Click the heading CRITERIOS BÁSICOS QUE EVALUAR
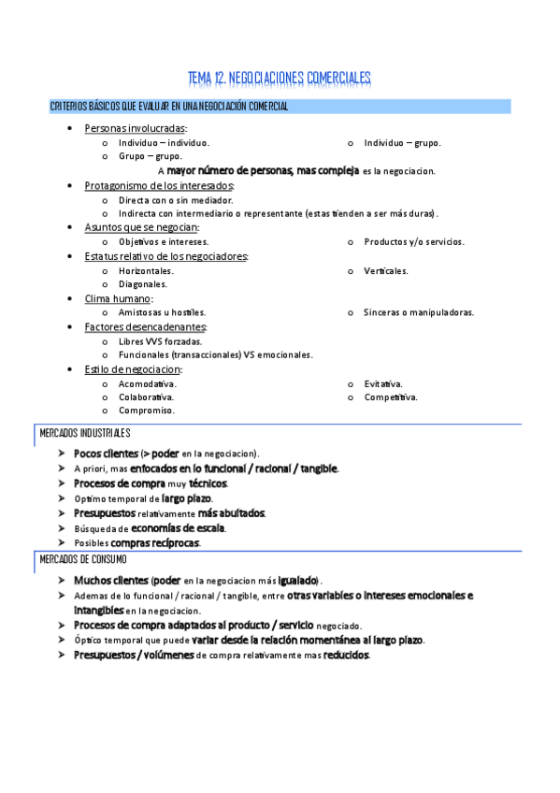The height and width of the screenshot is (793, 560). (168, 107)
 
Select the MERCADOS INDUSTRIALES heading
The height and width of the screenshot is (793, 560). (84, 434)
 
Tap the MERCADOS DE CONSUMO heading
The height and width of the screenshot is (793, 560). (83, 559)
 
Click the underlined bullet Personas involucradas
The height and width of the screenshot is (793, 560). (135, 128)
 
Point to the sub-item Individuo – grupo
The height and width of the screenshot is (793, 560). (402, 143)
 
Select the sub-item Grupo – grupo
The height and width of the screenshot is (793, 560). (150, 157)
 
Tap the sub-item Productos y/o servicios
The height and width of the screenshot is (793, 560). (413, 242)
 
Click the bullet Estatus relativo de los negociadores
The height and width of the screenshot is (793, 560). (165, 256)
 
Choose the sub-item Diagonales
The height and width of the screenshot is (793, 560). (143, 284)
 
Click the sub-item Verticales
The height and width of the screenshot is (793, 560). (386, 271)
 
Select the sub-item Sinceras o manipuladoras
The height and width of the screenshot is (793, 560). (418, 312)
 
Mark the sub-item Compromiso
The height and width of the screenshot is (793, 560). (147, 411)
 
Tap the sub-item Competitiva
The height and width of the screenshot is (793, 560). (391, 397)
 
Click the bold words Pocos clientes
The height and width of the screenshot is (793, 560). (106, 454)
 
